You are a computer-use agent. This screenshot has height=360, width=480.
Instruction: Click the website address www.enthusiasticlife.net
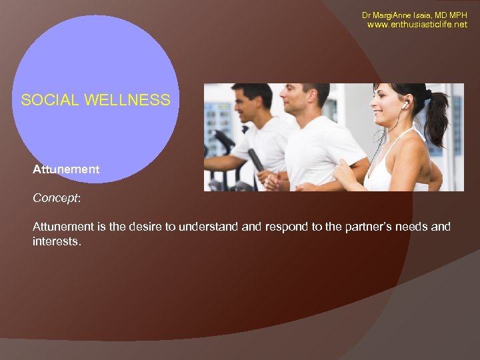[x=417, y=25]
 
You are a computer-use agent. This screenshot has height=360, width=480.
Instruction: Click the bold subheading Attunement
[x=66, y=169]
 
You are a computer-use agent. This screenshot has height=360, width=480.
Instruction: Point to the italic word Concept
[x=55, y=198]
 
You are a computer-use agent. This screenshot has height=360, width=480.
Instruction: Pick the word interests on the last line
[x=56, y=241]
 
